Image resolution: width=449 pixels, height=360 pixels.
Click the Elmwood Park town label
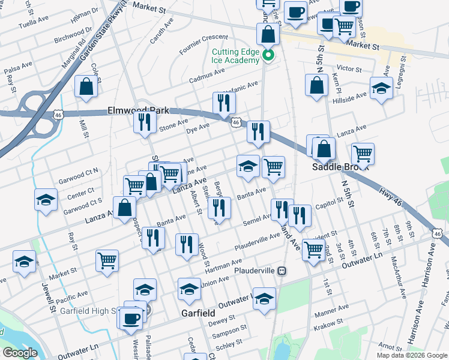pos(138,111)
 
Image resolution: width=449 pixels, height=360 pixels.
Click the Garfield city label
pos(199,313)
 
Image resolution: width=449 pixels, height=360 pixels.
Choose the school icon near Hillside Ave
pos(381,89)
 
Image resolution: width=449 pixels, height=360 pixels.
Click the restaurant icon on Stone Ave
pos(144,122)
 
